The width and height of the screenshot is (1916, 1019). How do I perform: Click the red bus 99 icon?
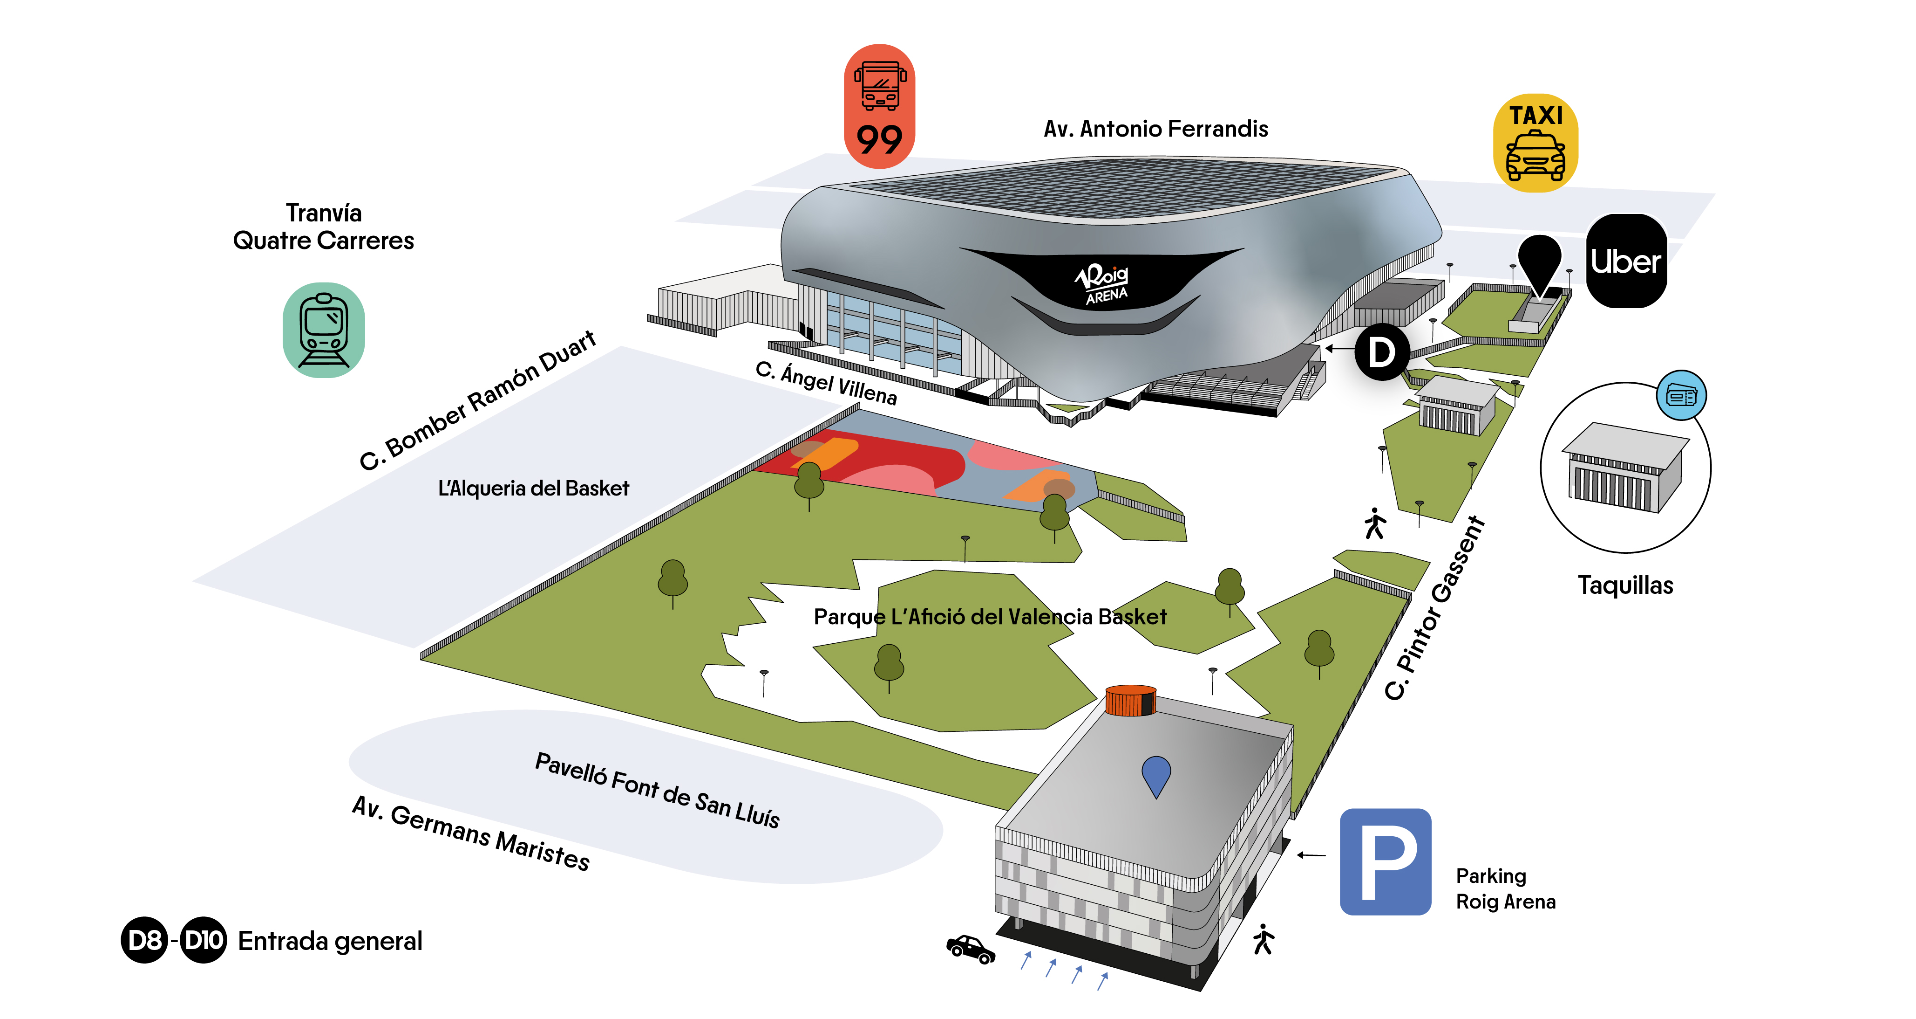tap(879, 106)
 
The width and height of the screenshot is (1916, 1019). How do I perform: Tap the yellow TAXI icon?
tap(1535, 143)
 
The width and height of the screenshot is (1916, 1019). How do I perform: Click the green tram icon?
tap(324, 330)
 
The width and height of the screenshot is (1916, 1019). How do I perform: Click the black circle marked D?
tap(1381, 352)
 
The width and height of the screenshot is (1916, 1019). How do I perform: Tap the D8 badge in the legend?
tap(144, 940)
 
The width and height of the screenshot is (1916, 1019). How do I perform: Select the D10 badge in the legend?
tap(203, 940)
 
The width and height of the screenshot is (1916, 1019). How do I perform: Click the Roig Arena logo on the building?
tap(1103, 283)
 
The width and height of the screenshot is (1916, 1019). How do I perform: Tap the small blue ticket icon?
tap(1681, 395)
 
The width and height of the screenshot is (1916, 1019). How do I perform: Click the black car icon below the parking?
tap(970, 949)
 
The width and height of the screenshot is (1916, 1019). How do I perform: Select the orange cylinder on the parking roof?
tap(1130, 701)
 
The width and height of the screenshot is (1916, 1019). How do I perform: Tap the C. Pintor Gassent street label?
tap(1435, 608)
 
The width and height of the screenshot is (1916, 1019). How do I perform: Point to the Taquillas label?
tap(1625, 585)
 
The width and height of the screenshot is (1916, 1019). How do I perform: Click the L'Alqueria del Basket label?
tap(533, 488)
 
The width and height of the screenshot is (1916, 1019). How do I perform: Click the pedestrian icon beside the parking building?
tap(1263, 939)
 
